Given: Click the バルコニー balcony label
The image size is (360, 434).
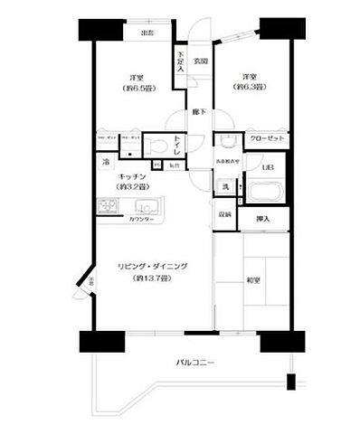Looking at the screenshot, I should point(194,363).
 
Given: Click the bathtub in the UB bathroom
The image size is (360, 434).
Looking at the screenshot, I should point(266,193).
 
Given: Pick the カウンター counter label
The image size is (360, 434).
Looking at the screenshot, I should point(139,220).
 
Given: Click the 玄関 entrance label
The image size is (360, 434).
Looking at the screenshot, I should point(201,61).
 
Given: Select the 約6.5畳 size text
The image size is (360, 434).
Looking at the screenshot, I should point(137,89).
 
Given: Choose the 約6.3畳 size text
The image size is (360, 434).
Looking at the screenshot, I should point(248,88).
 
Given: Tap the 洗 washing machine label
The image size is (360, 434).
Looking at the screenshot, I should point(226,187).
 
